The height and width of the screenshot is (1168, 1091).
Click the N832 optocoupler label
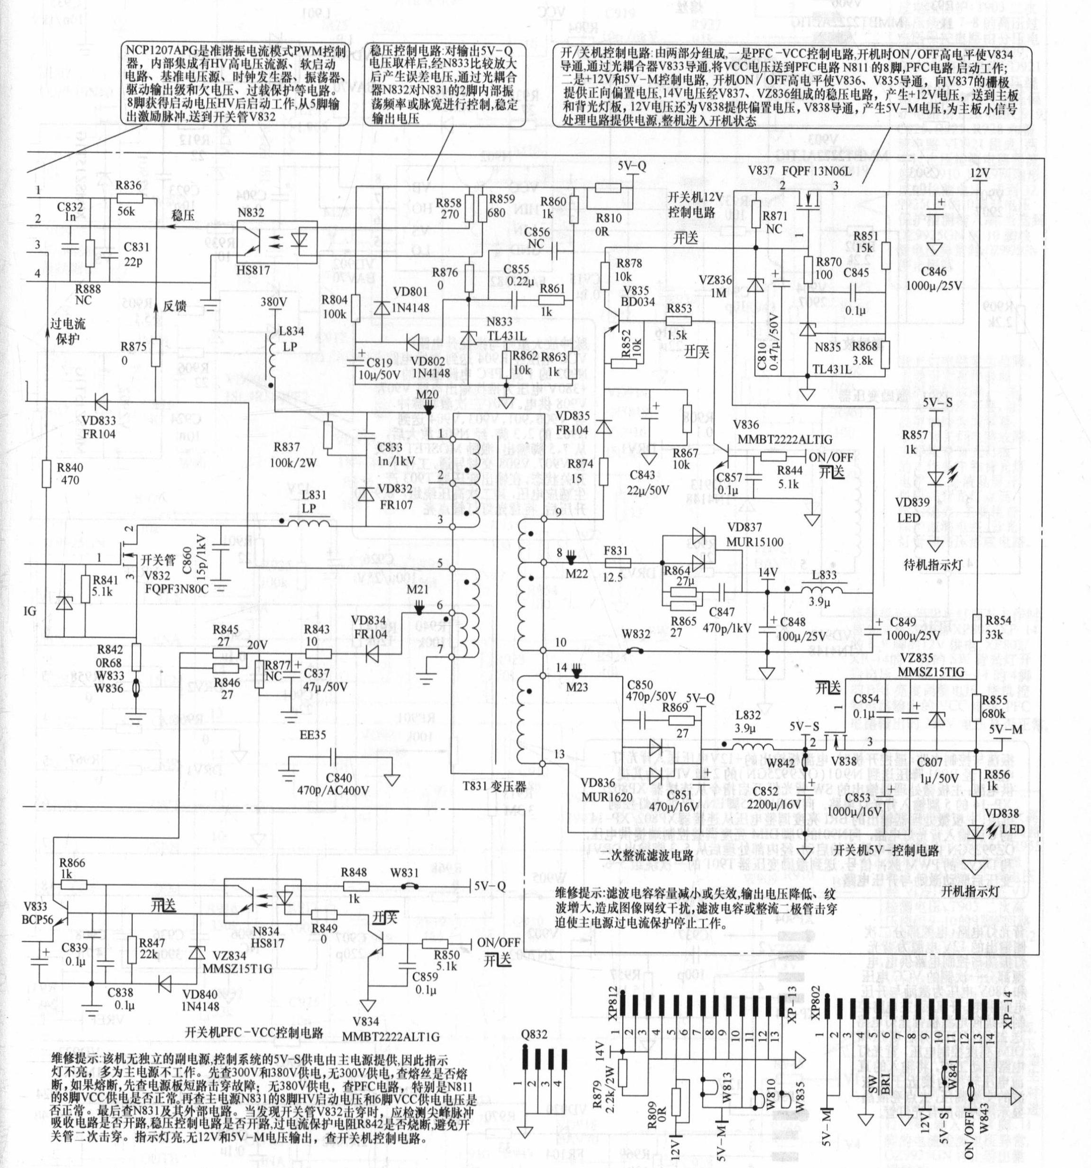coord(251,212)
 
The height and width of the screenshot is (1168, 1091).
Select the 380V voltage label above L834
coord(274,303)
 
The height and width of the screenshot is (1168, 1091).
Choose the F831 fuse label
coord(617,552)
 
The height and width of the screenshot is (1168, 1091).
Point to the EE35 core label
coord(313,735)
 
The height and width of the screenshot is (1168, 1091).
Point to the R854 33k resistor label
coord(998,627)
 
